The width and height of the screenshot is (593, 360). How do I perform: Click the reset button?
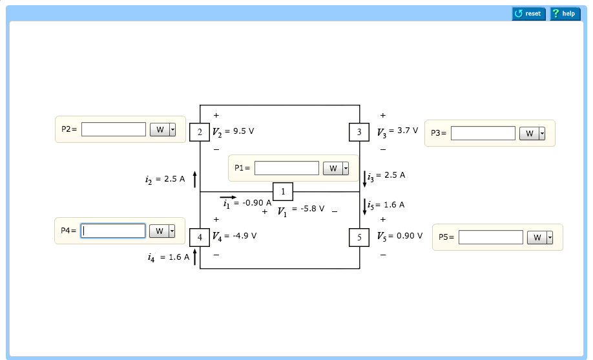pyautogui.click(x=528, y=14)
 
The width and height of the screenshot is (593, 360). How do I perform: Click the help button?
pyautogui.click(x=565, y=14)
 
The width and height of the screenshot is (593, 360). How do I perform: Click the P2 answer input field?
pyautogui.click(x=114, y=129)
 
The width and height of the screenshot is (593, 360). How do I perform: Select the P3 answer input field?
pyautogui.click(x=483, y=133)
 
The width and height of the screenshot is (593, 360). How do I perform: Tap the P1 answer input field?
pyautogui.click(x=287, y=168)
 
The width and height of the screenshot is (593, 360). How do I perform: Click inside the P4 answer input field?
pyautogui.click(x=113, y=231)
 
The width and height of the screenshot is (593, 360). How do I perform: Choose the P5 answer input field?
pyautogui.click(x=490, y=237)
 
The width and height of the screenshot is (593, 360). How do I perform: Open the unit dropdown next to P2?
pyautogui.click(x=163, y=130)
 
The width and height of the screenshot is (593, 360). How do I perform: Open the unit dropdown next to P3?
pyautogui.click(x=533, y=133)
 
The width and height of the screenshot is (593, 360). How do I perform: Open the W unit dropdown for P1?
pyautogui.click(x=336, y=169)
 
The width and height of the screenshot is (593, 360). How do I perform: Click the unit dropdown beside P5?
pyautogui.click(x=541, y=237)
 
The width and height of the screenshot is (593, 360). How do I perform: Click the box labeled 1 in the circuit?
pyautogui.click(x=283, y=192)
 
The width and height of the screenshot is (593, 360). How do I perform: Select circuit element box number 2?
pyautogui.click(x=200, y=132)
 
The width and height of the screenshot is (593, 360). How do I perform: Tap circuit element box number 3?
pyautogui.click(x=359, y=132)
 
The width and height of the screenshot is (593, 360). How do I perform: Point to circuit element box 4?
pyautogui.click(x=200, y=237)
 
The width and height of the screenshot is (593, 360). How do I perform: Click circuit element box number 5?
pyautogui.click(x=359, y=237)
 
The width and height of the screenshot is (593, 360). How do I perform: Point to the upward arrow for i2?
pyautogui.click(x=194, y=179)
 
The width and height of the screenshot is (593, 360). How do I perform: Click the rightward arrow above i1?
pyautogui.click(x=228, y=197)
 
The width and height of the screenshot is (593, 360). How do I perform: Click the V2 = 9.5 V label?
pyautogui.click(x=233, y=131)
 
